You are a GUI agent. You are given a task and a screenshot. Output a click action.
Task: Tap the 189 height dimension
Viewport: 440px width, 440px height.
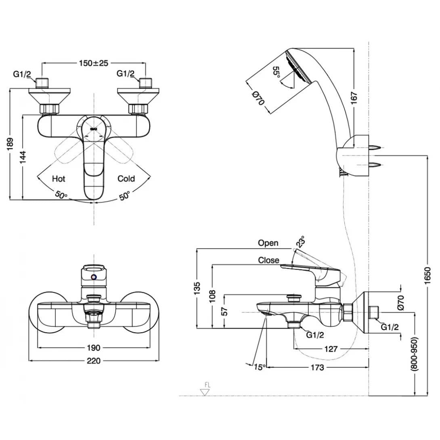(x=11, y=144)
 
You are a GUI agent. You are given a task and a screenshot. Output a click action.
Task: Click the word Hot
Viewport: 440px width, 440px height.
(x=59, y=178)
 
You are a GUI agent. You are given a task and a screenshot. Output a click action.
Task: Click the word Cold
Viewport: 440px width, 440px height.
(x=126, y=178)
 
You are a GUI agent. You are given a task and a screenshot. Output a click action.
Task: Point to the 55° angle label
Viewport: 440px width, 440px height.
(x=277, y=74)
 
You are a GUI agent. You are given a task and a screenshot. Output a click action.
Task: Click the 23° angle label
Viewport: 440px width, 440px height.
(x=300, y=241)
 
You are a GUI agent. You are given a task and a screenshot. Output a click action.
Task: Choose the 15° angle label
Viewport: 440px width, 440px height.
(x=260, y=367)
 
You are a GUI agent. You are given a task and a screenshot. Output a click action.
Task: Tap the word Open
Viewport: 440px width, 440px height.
(x=268, y=243)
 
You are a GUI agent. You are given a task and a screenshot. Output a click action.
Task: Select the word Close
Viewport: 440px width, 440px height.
(x=269, y=260)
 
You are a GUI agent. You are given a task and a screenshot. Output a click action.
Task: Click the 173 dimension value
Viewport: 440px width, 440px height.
(x=318, y=367)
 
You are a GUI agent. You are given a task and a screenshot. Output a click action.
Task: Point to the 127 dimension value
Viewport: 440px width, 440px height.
(x=331, y=349)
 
